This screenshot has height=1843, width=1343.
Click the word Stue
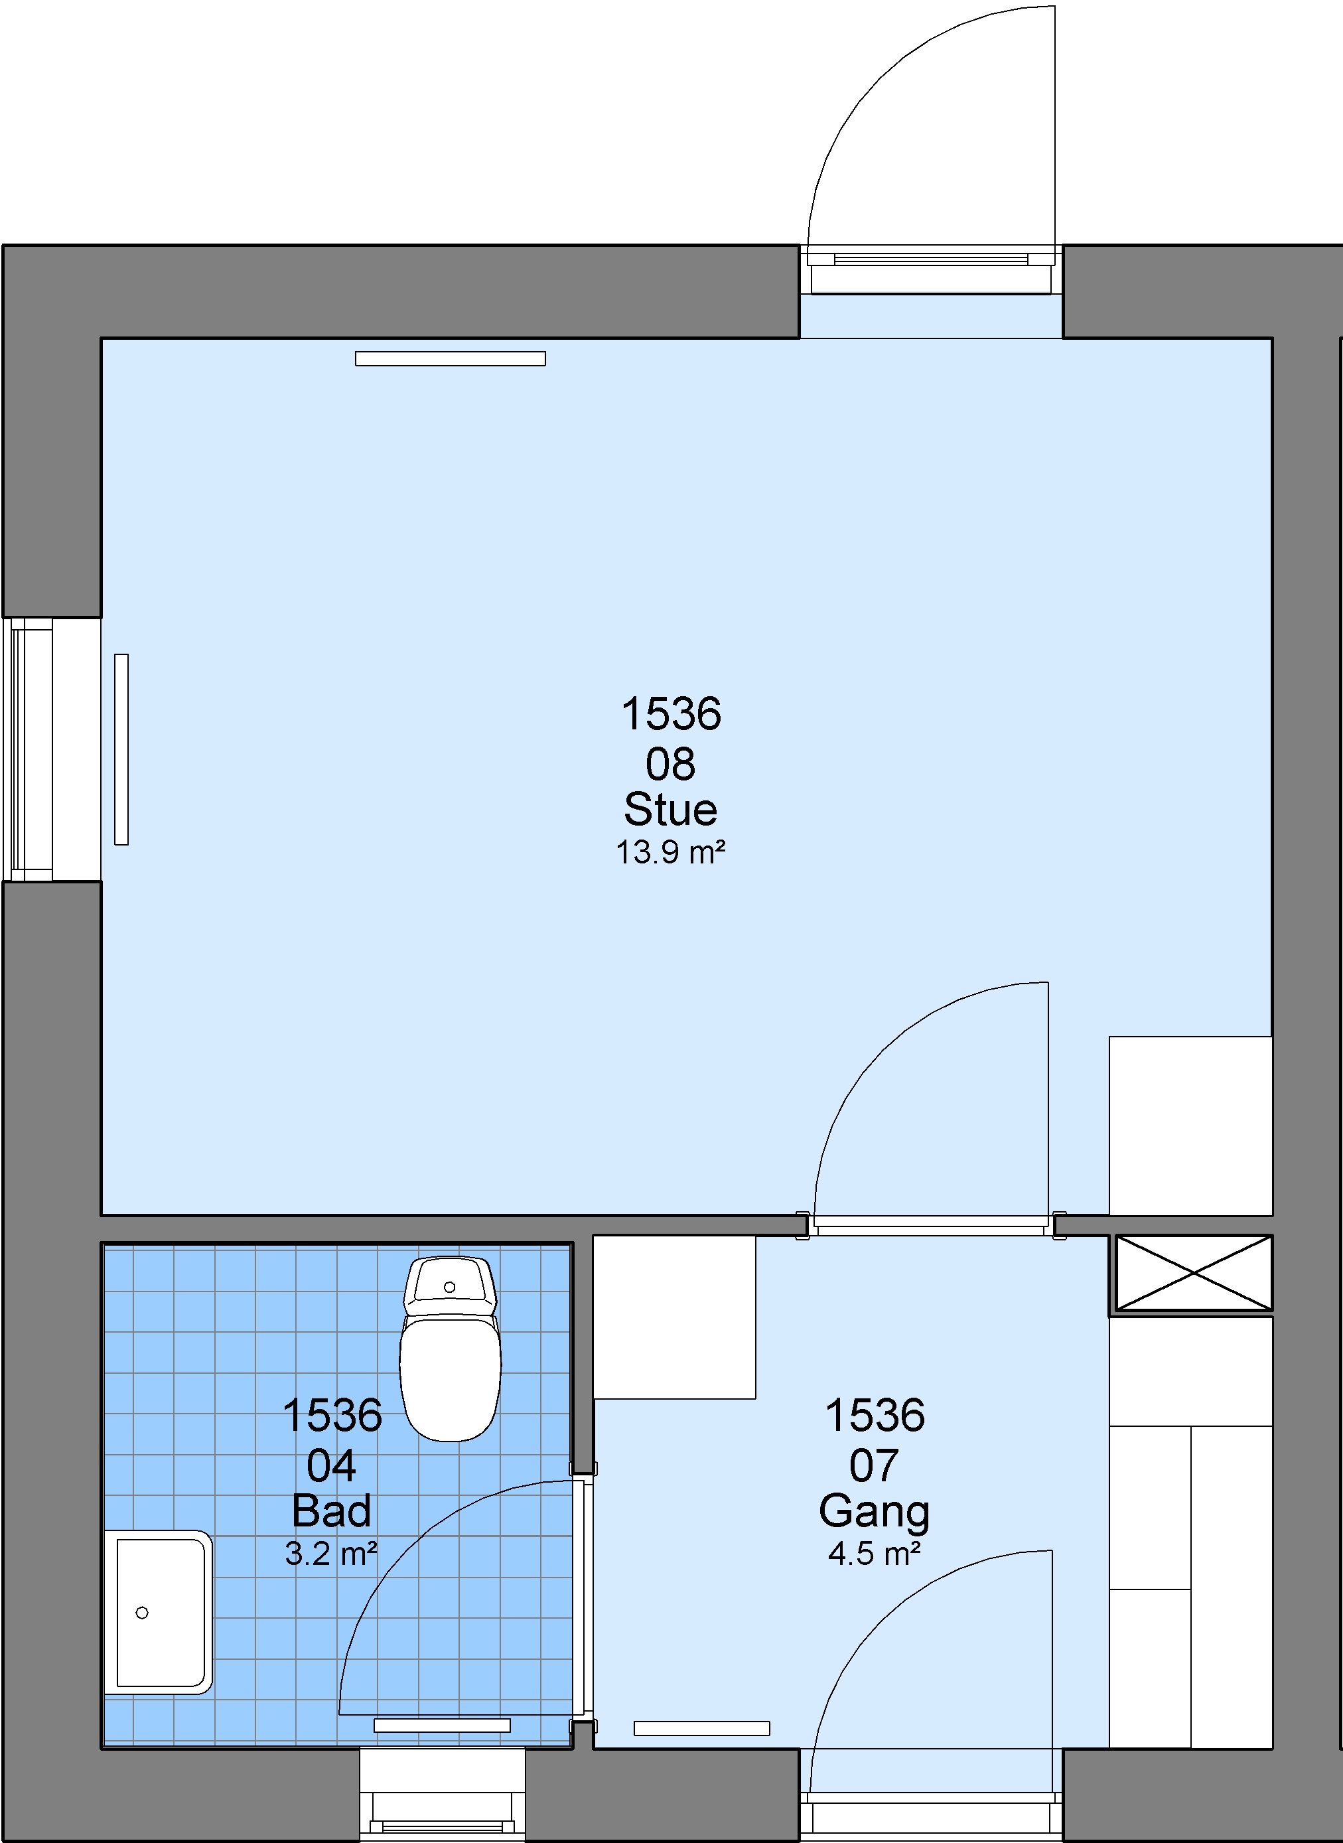671,809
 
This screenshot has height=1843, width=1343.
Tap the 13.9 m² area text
671,853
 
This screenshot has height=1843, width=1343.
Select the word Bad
332,1511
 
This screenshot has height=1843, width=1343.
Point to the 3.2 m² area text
332,1554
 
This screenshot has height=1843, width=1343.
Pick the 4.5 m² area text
875,1554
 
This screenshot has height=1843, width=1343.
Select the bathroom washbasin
159,1612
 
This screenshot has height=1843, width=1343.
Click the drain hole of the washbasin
142,1613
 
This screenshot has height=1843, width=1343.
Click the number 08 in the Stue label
671,764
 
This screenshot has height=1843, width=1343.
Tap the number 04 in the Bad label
332,1466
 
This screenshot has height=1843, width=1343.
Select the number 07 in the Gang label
875,1466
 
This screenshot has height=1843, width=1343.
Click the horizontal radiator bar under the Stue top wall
451,358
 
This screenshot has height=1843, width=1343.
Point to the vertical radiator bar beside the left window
122,749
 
